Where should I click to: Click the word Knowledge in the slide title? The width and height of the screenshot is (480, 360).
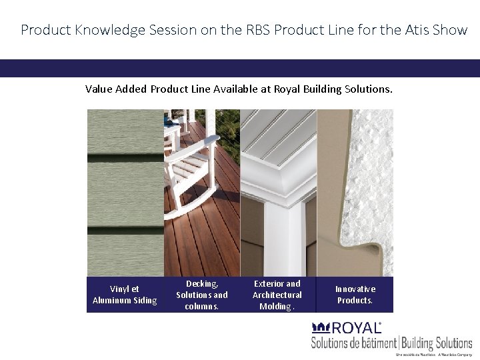tap(96, 30)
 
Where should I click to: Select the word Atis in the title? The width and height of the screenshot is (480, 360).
tap(416, 30)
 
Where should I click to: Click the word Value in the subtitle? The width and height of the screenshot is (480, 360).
tap(99, 88)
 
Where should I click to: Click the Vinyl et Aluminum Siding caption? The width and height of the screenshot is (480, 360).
tap(125, 295)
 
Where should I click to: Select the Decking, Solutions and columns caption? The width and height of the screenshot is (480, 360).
tap(201, 295)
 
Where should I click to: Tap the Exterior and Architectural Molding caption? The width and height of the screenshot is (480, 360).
tap(277, 295)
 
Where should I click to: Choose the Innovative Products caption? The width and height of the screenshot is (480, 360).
tap(355, 295)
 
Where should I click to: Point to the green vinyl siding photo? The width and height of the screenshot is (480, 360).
tap(125, 193)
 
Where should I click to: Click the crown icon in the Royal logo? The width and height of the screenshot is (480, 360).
tap(321, 328)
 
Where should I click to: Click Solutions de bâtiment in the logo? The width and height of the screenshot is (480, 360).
tap(353, 343)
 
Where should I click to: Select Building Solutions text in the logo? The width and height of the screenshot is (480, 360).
tap(437, 343)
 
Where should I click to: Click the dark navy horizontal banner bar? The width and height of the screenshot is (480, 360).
tap(240, 68)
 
